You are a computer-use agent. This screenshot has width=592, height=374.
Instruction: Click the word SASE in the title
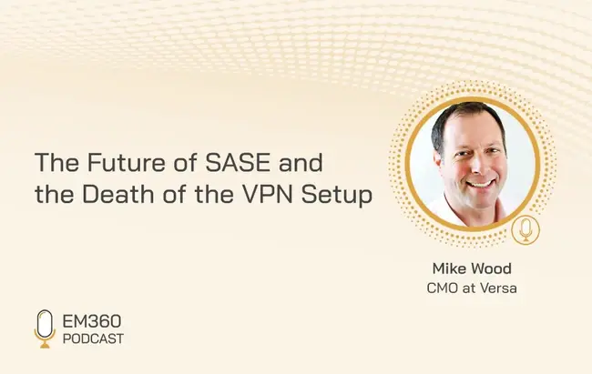point(238,163)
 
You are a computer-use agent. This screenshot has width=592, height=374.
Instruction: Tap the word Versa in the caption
point(498,288)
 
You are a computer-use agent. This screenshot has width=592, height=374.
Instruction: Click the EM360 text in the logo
point(92,321)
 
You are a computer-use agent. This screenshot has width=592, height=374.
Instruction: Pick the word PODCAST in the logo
point(93,339)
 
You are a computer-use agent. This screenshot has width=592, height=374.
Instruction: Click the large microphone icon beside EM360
point(45,329)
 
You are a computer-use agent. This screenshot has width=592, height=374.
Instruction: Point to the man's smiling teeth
point(480,185)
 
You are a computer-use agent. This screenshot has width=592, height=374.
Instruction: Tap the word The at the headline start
point(57,163)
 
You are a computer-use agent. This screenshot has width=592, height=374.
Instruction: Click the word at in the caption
point(468,288)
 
